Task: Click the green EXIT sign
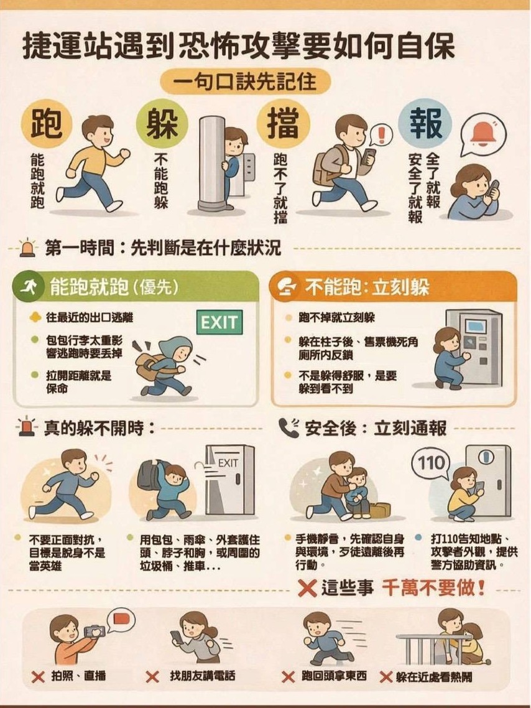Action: (219, 322)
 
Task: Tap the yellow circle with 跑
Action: (46, 123)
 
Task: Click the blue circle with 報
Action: (425, 123)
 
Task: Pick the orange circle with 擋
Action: (283, 123)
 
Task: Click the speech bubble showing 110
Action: (432, 463)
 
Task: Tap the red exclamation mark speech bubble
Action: (381, 134)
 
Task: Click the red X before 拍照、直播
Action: (38, 676)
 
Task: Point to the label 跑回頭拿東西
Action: (334, 676)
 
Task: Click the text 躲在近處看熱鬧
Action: (434, 676)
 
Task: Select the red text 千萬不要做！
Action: (433, 587)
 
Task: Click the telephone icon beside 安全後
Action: (289, 427)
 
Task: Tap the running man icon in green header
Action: (28, 287)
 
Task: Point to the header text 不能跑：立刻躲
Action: (367, 287)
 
